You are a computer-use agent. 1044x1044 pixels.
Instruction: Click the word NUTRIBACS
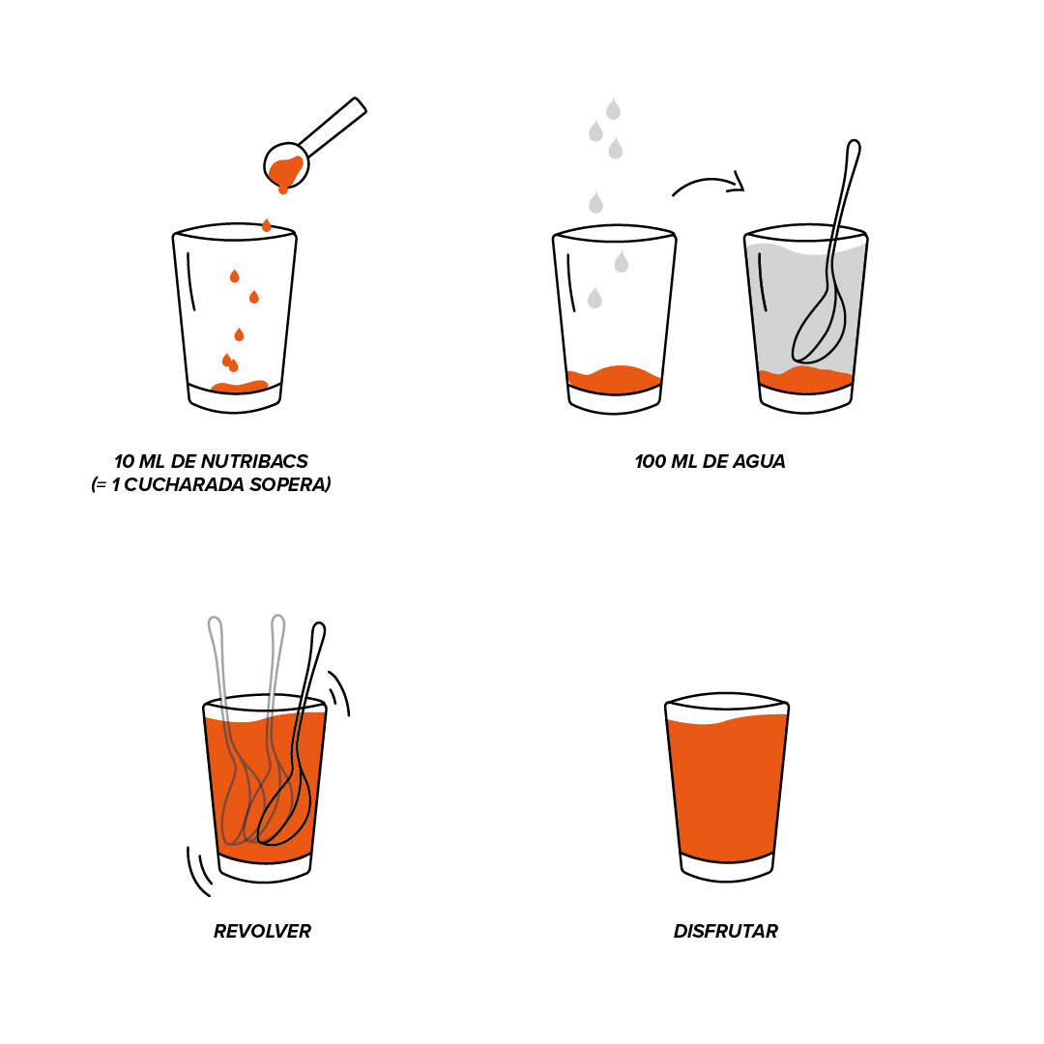254,461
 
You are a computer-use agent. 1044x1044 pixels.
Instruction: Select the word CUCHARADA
185,484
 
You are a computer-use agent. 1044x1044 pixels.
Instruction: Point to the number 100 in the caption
650,461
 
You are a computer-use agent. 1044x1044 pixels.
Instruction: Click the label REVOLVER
262,931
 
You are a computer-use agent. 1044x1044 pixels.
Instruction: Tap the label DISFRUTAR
726,931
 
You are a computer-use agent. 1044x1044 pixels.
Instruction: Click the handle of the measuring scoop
333,127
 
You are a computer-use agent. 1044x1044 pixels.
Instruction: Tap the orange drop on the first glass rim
267,225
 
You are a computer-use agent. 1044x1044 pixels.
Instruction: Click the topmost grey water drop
613,108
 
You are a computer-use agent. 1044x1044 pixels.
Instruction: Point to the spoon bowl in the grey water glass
819,330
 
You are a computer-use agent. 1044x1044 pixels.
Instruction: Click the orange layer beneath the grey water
805,380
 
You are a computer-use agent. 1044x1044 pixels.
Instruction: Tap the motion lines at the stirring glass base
199,871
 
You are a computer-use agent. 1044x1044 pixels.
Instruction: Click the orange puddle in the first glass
240,386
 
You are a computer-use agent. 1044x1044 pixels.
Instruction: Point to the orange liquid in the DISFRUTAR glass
726,789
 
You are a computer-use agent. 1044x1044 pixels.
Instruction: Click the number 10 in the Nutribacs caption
125,461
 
